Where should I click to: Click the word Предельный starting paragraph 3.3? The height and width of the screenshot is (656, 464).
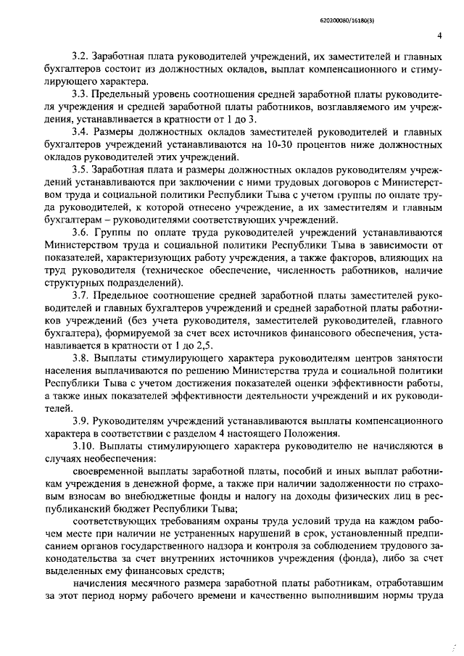click(125, 94)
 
